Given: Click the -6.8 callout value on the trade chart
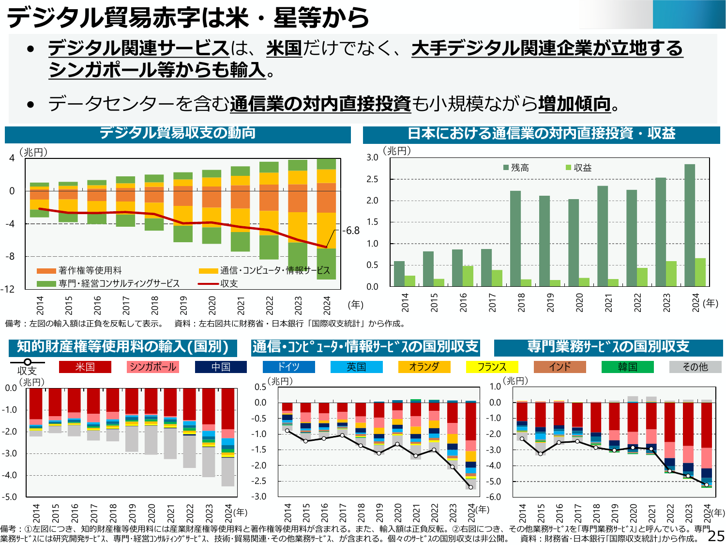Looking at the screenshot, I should [351, 231].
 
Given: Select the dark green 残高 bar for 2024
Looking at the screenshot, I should [690, 225].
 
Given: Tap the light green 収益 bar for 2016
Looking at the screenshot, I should [468, 276].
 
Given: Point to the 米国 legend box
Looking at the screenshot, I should [85, 367].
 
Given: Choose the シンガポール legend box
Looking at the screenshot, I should [153, 367].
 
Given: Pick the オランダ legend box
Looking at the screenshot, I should [424, 367].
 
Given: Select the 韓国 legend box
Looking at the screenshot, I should [627, 367].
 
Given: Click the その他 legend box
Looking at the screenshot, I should [695, 367].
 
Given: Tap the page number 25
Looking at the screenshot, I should [716, 536].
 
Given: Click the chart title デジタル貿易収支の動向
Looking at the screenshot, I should [178, 133].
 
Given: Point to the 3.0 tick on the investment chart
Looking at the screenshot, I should [372, 157].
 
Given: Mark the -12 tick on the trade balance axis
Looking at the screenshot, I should [8, 289].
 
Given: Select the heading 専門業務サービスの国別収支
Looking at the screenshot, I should [608, 347].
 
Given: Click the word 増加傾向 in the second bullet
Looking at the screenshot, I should [575, 104].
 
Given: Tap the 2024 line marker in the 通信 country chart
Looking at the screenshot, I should [470, 487].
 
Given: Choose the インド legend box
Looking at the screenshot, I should [560, 367].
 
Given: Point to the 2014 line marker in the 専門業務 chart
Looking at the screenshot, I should [522, 439].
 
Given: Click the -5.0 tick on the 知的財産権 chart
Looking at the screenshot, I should [10, 497].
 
